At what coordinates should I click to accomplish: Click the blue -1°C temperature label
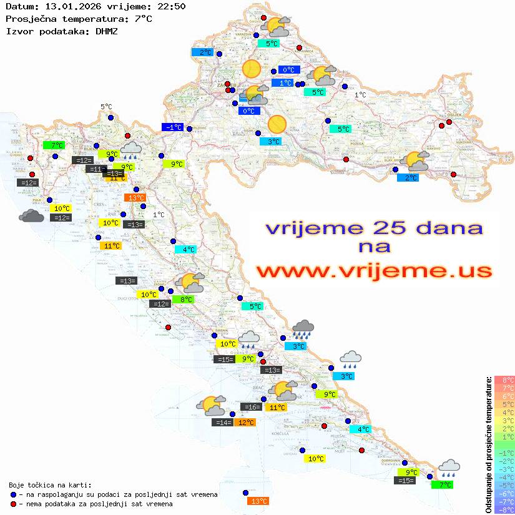(x=172, y=127)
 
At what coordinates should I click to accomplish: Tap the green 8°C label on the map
(x=186, y=300)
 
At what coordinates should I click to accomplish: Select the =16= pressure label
(x=251, y=407)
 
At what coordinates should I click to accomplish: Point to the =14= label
(x=223, y=423)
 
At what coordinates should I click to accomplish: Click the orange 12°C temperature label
(x=245, y=423)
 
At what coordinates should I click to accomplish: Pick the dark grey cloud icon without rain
(x=31, y=216)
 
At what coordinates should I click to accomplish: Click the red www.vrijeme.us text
(x=374, y=272)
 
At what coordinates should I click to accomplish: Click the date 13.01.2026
(x=71, y=6)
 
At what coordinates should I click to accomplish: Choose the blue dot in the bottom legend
(x=14, y=494)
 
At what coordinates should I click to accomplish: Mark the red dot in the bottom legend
(x=14, y=504)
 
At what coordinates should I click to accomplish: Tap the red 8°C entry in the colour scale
(x=504, y=380)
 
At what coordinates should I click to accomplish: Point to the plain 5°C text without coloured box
(x=106, y=107)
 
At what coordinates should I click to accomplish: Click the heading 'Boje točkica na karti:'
(x=50, y=485)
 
